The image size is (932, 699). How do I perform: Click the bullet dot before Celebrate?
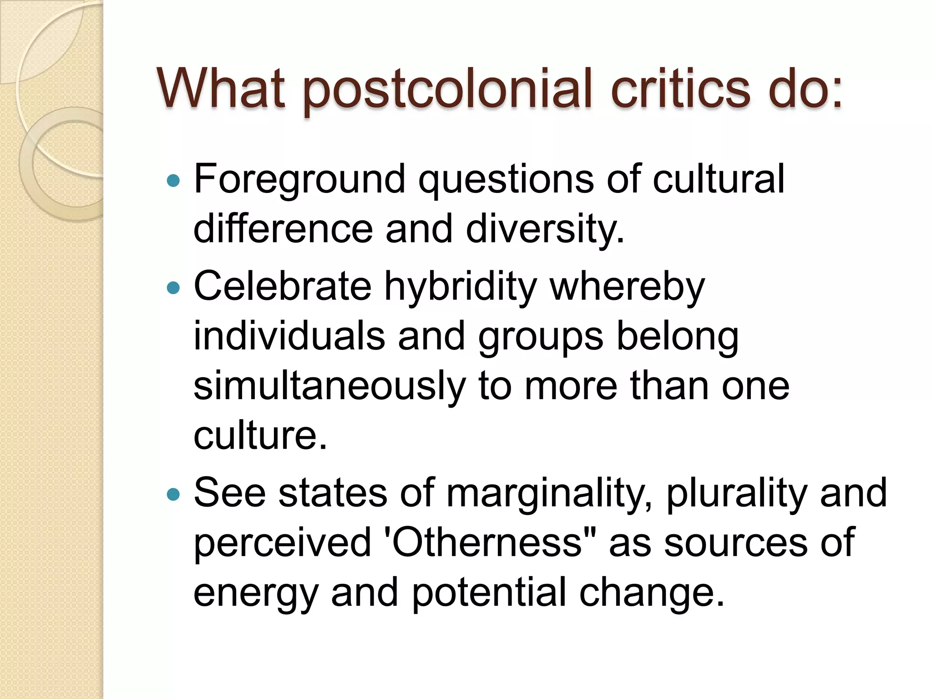(173, 288)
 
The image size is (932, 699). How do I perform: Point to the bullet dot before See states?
(173, 494)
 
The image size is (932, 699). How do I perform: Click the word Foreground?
(299, 180)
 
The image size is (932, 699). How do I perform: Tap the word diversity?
(545, 229)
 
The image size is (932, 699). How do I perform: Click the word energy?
(255, 594)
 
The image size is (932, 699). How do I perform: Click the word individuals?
(289, 337)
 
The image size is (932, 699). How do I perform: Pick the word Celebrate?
(282, 287)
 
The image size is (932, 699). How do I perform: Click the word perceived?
(282, 543)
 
